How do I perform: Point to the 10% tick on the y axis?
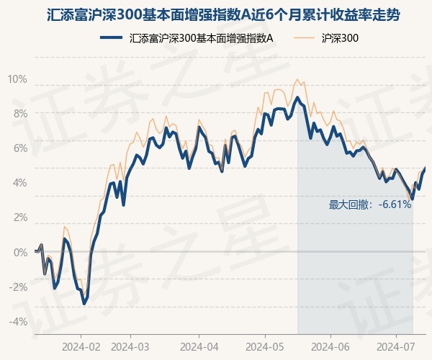tap(17, 78)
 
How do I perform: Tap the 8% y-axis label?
tap(19, 113)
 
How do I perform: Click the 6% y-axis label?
tap(19, 148)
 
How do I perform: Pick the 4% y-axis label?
tap(19, 183)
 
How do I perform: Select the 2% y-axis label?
tap(19, 217)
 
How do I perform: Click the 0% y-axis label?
tap(19, 252)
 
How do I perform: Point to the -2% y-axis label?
tap(18, 287)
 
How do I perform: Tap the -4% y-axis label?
tap(18, 321)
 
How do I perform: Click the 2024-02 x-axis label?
tap(81, 346)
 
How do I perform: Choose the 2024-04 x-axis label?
tap(199, 346)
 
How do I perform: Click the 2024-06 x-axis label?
tap(330, 346)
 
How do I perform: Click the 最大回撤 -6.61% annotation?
tap(370, 204)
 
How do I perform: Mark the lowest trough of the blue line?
tap(84, 304)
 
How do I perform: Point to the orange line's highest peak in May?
tap(297, 78)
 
